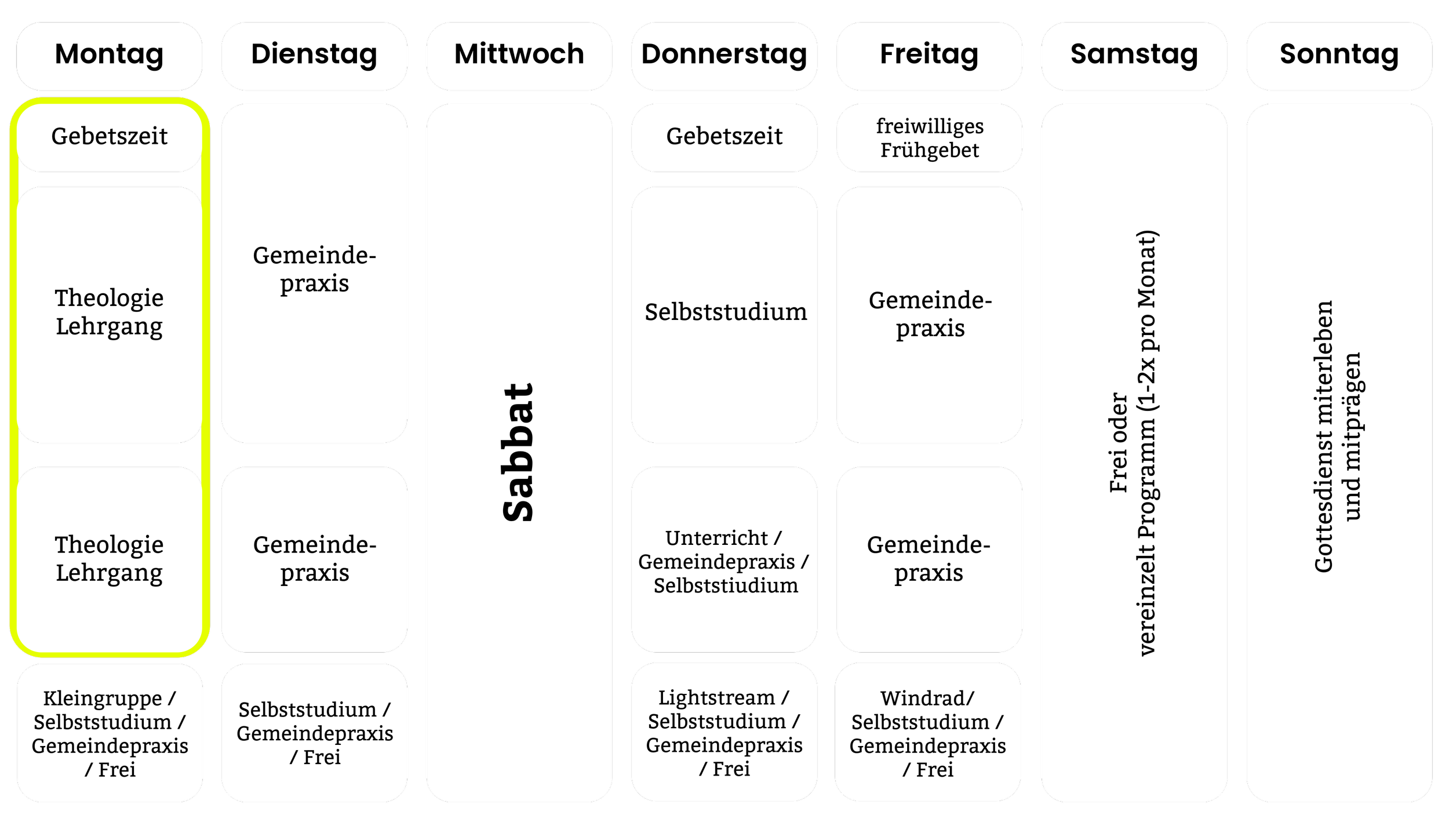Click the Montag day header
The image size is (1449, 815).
(109, 55)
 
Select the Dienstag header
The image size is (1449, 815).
(314, 55)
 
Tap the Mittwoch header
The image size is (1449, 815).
(519, 55)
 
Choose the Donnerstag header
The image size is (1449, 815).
(724, 55)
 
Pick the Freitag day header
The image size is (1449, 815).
(929, 55)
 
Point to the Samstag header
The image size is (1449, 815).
(1134, 55)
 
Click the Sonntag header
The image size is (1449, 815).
(1339, 55)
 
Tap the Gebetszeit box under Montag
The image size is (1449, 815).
(109, 137)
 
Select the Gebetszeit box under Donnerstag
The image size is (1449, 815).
(724, 137)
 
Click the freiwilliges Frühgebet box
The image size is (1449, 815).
(929, 138)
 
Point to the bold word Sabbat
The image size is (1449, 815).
(518, 452)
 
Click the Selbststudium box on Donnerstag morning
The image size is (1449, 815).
(724, 314)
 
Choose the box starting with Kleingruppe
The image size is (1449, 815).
(110, 733)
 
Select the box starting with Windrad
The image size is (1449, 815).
(927, 733)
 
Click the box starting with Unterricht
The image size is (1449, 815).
(724, 561)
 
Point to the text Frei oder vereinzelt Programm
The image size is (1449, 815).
(1133, 443)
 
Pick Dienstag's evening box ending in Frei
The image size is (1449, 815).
(314, 733)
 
